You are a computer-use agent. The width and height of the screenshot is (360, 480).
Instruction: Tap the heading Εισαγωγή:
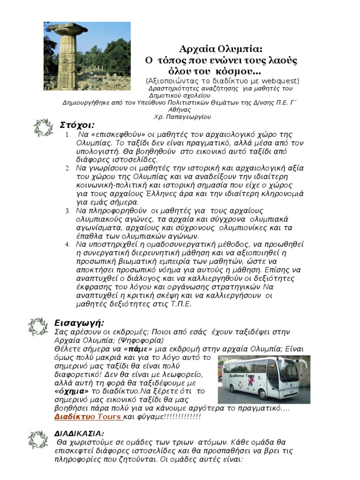click(80, 323)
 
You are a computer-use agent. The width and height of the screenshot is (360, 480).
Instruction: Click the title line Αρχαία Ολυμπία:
click(221, 50)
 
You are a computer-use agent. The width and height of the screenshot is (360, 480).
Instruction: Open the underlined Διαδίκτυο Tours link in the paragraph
click(88, 416)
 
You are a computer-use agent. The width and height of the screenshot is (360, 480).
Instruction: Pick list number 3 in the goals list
click(67, 210)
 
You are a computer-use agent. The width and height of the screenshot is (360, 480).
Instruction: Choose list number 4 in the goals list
click(67, 244)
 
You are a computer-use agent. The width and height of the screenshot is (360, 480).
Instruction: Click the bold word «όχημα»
click(72, 391)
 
